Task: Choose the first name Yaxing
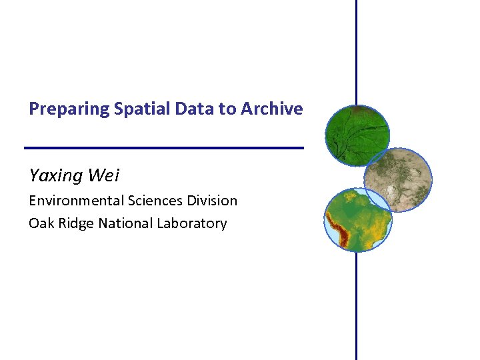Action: (56, 176)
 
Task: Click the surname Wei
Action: (104, 175)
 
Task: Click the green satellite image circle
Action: (357, 136)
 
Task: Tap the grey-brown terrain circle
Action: (397, 179)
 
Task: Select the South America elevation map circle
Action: (358, 219)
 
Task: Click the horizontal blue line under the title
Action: (163, 147)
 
